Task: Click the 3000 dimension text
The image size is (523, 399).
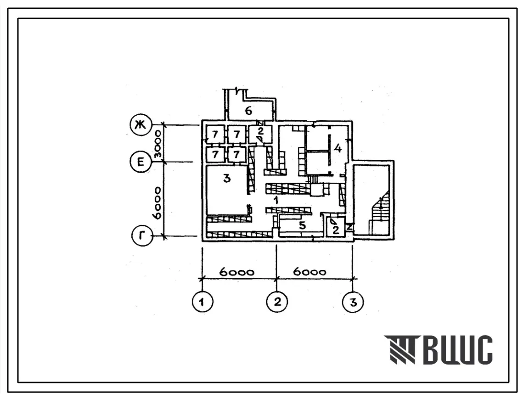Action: point(157,144)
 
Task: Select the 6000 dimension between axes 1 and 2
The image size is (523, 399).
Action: point(236,272)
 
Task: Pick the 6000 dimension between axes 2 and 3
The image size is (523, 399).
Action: point(310,271)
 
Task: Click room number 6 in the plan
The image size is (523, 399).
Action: point(248,111)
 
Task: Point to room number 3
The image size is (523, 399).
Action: point(227,179)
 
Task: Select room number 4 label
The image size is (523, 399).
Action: point(338,148)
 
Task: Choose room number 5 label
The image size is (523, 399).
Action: point(302,225)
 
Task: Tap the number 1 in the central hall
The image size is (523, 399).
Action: point(276,201)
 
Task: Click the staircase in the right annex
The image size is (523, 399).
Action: point(380,214)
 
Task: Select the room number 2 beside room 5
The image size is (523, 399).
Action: point(336,230)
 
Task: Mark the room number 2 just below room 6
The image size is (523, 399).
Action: point(260,131)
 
